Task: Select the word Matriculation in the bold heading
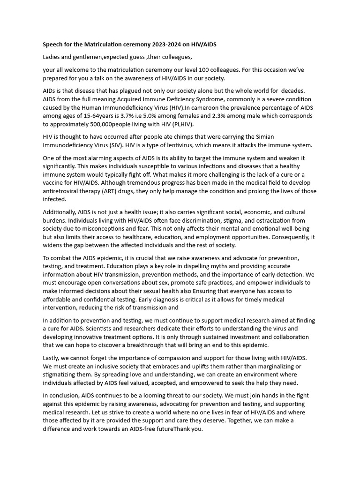[x=102, y=45]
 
